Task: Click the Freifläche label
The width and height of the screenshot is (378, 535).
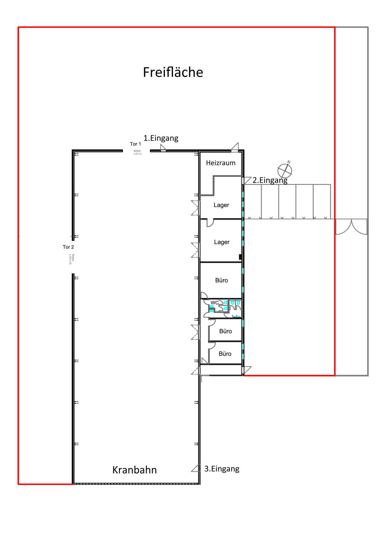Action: coord(173,72)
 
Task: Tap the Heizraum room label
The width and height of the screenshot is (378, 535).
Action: coord(221,163)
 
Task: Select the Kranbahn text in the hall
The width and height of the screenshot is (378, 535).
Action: coord(134,470)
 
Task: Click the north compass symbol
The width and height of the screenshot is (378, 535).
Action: coord(285,170)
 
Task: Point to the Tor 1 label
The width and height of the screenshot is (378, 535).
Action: coord(135,144)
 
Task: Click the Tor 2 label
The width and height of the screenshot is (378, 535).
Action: coord(68,247)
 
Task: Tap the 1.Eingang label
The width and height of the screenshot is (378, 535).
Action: coord(161,138)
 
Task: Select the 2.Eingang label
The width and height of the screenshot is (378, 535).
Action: coord(270,180)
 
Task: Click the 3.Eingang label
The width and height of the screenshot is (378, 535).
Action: coord(222,468)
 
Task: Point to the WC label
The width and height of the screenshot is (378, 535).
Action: coord(214,303)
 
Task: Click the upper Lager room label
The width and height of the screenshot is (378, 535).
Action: coord(221,205)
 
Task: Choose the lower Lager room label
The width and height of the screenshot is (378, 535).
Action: coord(221,242)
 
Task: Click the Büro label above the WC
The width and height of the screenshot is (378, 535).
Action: coord(221,280)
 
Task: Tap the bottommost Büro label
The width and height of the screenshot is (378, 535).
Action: coord(225,354)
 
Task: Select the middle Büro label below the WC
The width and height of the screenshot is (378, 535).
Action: coord(225,331)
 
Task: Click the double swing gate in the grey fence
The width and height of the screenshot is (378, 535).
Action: coord(351,227)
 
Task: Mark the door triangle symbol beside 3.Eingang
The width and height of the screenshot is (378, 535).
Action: coord(196,468)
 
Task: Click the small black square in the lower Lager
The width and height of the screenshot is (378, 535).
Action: coord(240,257)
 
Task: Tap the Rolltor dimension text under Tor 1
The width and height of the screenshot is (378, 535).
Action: coord(137,152)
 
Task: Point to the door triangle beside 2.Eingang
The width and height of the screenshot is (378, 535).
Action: coord(247,180)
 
